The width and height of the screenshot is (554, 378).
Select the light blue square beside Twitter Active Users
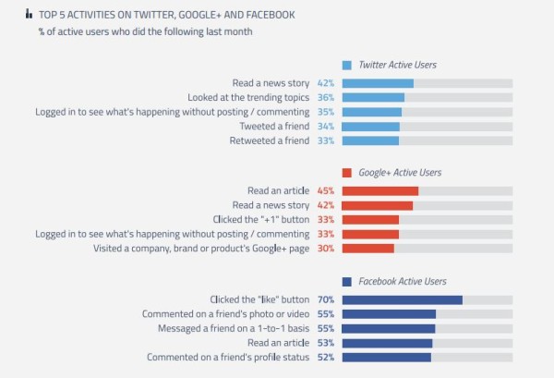click(x=347, y=66)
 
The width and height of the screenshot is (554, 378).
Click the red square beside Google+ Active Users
click(x=347, y=173)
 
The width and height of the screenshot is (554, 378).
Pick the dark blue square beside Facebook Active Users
click(x=347, y=281)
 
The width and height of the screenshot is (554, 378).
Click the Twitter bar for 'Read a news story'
click(x=378, y=83)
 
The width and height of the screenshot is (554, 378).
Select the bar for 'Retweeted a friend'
click(x=370, y=140)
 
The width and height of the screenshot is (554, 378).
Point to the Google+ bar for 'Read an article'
click(x=380, y=190)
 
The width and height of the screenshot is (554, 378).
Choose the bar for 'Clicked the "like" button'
click(x=402, y=299)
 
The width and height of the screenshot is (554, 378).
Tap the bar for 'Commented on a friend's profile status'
click(x=387, y=357)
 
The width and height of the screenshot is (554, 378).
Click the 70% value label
click(x=325, y=299)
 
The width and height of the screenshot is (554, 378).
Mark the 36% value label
click(x=325, y=97)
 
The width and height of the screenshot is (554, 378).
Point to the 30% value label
click(x=325, y=248)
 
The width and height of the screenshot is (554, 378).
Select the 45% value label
click(x=325, y=190)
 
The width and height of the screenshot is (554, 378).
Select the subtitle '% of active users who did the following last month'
click(x=146, y=33)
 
